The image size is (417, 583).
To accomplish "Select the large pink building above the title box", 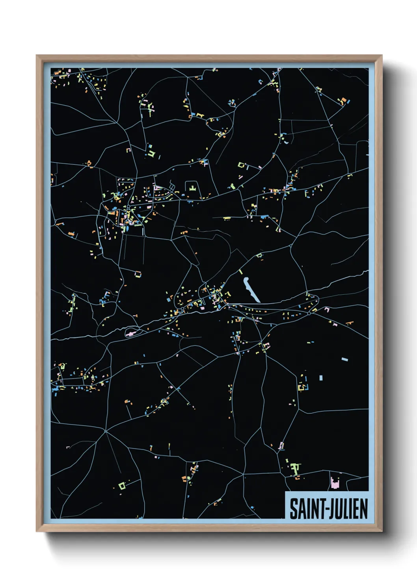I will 335,483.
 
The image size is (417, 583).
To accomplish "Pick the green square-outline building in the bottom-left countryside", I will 122,485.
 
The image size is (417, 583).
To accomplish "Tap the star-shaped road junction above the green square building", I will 106,431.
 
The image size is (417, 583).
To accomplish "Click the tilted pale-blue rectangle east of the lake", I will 344,359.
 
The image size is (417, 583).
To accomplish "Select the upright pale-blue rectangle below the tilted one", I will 320,378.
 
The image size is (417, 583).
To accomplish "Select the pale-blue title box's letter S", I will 294,509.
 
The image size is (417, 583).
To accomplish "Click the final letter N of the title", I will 364,509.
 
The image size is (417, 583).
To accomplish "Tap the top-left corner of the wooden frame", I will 37,56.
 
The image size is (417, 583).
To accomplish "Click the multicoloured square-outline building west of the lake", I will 138,274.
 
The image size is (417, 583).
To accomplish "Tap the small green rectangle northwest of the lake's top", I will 240,272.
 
